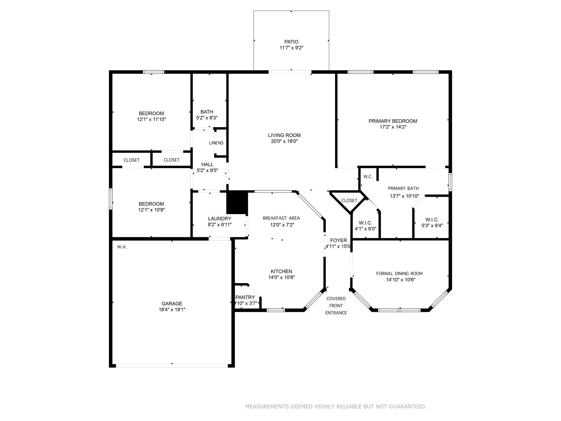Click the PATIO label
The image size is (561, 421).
pyautogui.click(x=291, y=42)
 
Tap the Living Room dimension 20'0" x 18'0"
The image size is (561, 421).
pyautogui.click(x=284, y=141)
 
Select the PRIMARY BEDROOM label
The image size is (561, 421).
pyautogui.click(x=393, y=121)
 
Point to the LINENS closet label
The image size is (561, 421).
pyautogui.click(x=216, y=143)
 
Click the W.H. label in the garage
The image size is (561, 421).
pyautogui.click(x=122, y=247)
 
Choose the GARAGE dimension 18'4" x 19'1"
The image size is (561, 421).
pyautogui.click(x=172, y=310)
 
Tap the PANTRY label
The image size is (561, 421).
pyautogui.click(x=245, y=297)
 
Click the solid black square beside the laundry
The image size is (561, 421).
pyautogui.click(x=237, y=203)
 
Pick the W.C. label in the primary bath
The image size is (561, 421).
pyautogui.click(x=368, y=177)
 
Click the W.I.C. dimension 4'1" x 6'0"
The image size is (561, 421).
pyautogui.click(x=365, y=229)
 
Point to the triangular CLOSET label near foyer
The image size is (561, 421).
pyautogui.click(x=349, y=201)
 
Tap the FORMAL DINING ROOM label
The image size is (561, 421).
pyautogui.click(x=399, y=274)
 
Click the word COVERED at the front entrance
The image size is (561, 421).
pyautogui.click(x=336, y=299)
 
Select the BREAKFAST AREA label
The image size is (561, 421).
pyautogui.click(x=281, y=218)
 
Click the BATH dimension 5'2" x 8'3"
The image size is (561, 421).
pyautogui.click(x=207, y=118)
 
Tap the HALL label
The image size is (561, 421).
pyautogui.click(x=207, y=164)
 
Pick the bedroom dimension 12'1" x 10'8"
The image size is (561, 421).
pyautogui.click(x=151, y=210)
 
